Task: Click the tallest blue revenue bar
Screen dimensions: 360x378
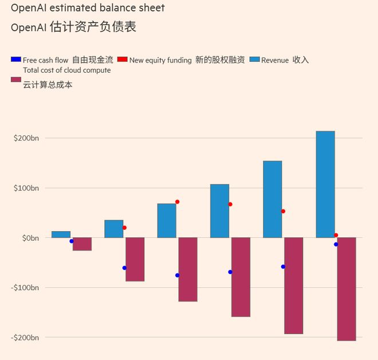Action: pos(325,184)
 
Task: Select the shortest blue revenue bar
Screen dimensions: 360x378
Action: pos(61,234)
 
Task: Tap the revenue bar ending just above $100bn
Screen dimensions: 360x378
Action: pos(219,210)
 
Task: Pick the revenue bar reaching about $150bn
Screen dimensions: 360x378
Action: pos(272,199)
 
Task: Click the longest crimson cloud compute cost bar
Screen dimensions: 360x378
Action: pos(346,289)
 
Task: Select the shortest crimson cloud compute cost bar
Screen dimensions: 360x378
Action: pos(82,244)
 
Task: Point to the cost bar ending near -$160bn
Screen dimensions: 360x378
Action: pos(241,277)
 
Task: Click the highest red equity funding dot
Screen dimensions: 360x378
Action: pos(178,202)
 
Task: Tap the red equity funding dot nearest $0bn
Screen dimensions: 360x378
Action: pos(336,235)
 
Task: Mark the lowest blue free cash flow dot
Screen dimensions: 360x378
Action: pos(178,275)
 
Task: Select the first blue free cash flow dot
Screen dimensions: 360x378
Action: pos(72,241)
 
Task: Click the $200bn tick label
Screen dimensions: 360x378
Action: pos(26,138)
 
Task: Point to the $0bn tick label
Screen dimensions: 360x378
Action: pos(29,237)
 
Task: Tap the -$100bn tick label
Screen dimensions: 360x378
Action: pos(25,287)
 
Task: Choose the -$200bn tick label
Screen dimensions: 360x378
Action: pos(25,337)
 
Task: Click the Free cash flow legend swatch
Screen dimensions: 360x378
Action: pos(16,60)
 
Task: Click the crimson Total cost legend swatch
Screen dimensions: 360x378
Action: pos(16,80)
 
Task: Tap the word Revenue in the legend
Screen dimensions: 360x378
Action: pos(275,60)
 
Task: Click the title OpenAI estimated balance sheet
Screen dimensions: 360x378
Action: pos(88,8)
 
